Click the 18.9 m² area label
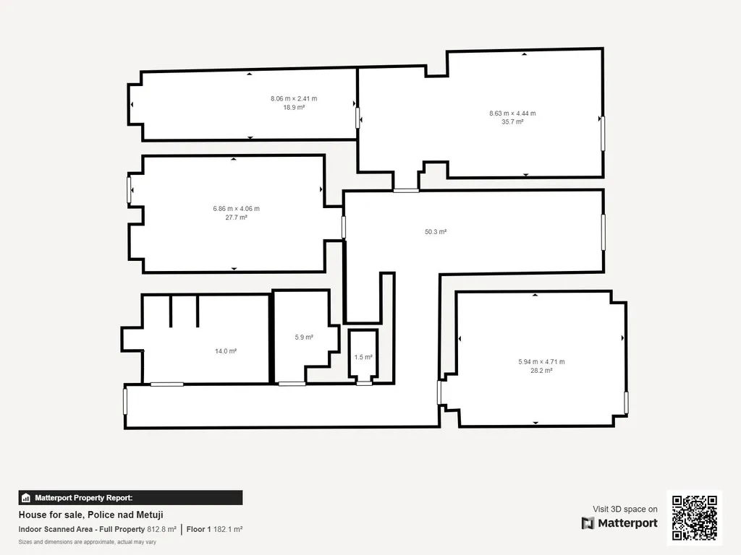(294, 108)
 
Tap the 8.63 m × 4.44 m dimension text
(512, 113)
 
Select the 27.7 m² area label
(237, 218)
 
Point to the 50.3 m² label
(436, 232)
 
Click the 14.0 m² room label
(226, 351)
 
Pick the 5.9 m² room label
(304, 337)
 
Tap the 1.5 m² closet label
(363, 357)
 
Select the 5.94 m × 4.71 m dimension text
(541, 362)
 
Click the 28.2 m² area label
(541, 371)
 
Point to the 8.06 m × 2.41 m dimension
(294, 98)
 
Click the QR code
(695, 517)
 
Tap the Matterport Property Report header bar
(130, 498)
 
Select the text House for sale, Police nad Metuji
(90, 515)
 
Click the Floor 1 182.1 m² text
(214, 530)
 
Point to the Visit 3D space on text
(625, 509)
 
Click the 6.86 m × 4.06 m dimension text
(237, 209)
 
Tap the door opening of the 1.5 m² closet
(364, 383)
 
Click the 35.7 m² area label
(512, 121)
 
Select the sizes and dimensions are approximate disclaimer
(88, 542)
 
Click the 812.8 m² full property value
(161, 530)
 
